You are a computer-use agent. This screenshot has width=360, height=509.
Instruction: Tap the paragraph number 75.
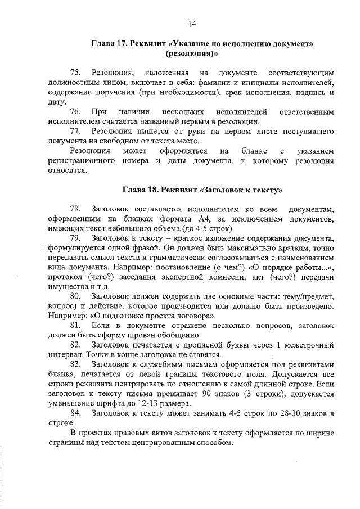pyautogui.click(x=76, y=73)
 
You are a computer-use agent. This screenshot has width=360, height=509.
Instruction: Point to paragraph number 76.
pyautogui.click(x=76, y=112)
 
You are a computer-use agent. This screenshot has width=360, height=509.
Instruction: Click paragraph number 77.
pyautogui.click(x=76, y=132)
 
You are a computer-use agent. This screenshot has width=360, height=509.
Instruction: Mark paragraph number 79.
pyautogui.click(x=76, y=238)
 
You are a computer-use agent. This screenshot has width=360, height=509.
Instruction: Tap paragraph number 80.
pyautogui.click(x=76, y=296)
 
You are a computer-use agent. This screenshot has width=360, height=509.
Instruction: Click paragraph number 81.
pyautogui.click(x=76, y=326)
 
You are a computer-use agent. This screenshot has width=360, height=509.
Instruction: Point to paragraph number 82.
pyautogui.click(x=76, y=345)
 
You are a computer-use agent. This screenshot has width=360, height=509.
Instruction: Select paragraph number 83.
pyautogui.click(x=76, y=364)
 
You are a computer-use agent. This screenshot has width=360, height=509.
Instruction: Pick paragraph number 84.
pyautogui.click(x=76, y=413)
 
